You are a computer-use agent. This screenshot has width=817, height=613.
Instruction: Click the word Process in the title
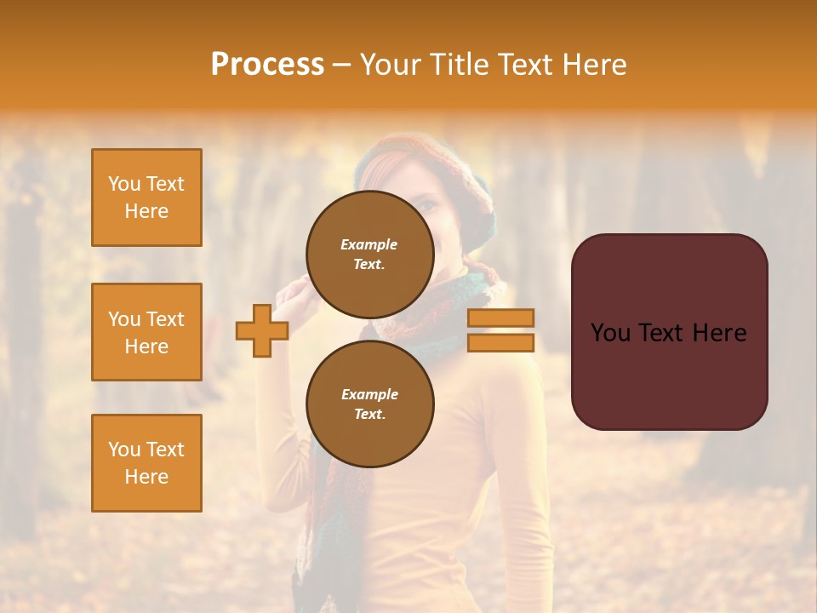(267, 65)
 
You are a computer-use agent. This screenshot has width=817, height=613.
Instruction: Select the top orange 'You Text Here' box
(146, 198)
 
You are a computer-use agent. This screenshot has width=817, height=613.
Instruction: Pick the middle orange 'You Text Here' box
(146, 332)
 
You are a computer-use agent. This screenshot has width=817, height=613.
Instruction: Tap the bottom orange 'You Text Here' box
(146, 463)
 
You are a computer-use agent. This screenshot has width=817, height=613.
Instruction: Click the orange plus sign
(262, 330)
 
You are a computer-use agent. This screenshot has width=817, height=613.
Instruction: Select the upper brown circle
(369, 255)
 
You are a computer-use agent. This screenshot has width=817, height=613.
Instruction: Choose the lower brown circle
(369, 404)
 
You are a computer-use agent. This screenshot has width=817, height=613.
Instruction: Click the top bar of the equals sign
(500, 318)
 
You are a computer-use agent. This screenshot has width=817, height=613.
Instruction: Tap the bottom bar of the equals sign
(500, 342)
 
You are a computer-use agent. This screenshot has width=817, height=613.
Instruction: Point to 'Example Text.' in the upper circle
(369, 255)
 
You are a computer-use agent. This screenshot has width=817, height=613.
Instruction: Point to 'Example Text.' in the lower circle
(369, 404)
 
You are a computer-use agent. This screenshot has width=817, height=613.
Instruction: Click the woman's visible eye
(428, 205)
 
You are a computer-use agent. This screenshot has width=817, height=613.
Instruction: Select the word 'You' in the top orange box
(124, 184)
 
